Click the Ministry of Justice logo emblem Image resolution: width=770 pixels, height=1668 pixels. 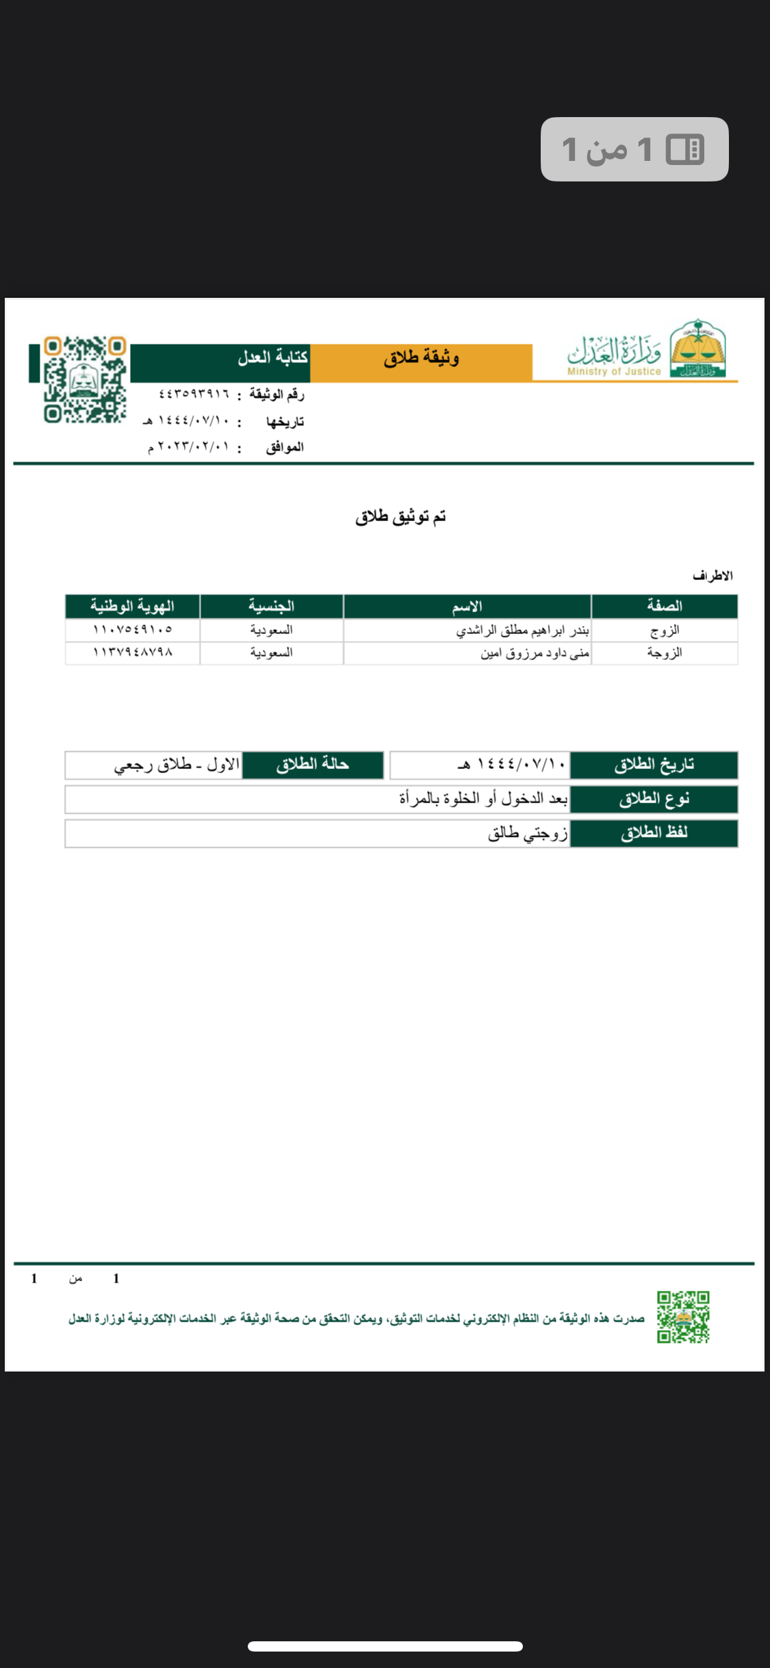697,349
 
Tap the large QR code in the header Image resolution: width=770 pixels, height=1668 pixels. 85,379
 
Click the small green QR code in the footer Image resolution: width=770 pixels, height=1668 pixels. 683,1317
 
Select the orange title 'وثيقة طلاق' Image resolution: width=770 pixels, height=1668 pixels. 421,357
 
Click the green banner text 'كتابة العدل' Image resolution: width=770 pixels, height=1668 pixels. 272,357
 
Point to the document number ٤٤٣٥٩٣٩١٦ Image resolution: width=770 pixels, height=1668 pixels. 194,394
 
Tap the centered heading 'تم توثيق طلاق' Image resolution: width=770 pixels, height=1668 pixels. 400,517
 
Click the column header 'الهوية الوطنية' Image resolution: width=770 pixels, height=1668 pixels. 132,606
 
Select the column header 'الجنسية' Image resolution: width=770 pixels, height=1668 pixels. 271,606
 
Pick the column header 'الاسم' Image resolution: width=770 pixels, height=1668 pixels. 467,606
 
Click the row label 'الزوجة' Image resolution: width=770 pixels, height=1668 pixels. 665,653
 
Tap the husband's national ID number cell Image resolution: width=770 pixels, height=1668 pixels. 132,629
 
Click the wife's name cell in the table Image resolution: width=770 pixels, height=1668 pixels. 535,653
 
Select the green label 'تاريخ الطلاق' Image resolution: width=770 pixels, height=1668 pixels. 654,765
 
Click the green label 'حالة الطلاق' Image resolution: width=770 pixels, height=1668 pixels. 313,765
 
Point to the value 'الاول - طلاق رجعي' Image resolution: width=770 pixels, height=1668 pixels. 177,765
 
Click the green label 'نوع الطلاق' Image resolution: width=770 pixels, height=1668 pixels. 654,799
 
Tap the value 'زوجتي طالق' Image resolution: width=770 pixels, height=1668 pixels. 528,833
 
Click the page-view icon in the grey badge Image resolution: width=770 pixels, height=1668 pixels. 685,149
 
